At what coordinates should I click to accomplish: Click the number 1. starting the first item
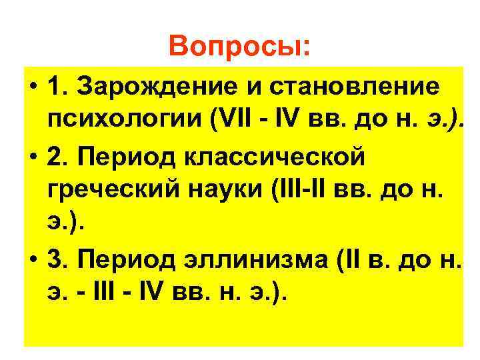(x=58, y=87)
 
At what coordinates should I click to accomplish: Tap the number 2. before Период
(x=58, y=156)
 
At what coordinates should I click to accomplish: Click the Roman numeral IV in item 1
(x=289, y=122)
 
